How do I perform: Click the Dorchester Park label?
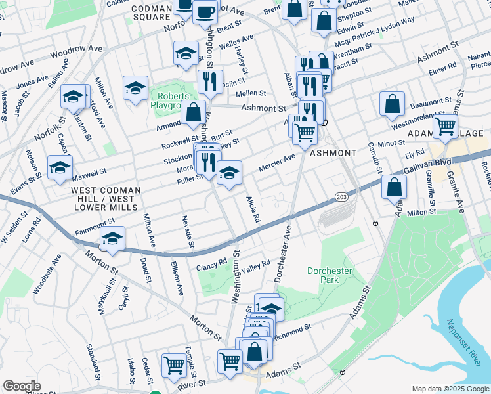pyautogui.click(x=330, y=275)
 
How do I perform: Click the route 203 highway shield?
pyautogui.click(x=341, y=196)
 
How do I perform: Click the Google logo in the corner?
pyautogui.click(x=22, y=386)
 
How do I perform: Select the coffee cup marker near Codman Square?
pyautogui.click(x=205, y=12)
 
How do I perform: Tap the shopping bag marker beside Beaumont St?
pyautogui.click(x=392, y=104)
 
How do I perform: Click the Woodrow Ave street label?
pyautogui.click(x=77, y=49)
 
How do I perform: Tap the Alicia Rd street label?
pyautogui.click(x=253, y=209)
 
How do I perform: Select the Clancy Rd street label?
pyautogui.click(x=212, y=265)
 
